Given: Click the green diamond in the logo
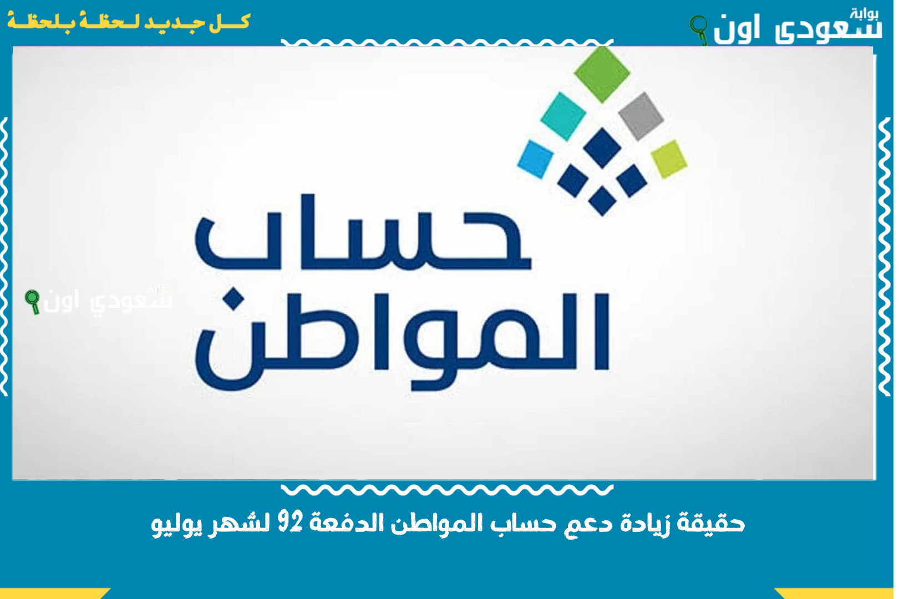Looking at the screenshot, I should pyautogui.click(x=602, y=74).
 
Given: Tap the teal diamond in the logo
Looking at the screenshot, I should pyautogui.click(x=563, y=115).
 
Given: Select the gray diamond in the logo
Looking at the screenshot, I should pyautogui.click(x=641, y=116).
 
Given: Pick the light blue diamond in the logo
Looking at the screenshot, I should pyautogui.click(x=536, y=159).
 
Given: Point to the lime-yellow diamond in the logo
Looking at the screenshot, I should pyautogui.click(x=669, y=159).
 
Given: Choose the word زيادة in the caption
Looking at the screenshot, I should pyautogui.click(x=644, y=523).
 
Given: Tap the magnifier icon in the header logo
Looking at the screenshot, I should pyautogui.click(x=699, y=29).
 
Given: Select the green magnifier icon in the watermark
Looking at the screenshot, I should pyautogui.click(x=33, y=301).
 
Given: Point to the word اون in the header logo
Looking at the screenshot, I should pyautogui.click(x=736, y=29).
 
